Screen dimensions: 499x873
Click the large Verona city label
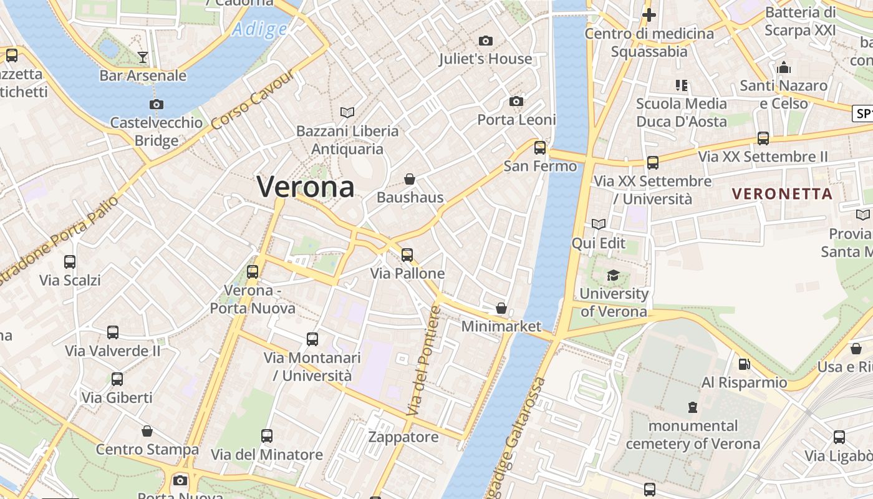306,187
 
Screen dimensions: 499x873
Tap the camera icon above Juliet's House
486,41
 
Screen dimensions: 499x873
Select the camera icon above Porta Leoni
516,101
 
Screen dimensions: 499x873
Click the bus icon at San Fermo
540,148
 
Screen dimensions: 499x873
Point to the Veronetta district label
783,194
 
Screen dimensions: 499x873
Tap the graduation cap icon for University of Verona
614,275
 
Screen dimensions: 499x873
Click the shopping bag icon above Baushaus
410,179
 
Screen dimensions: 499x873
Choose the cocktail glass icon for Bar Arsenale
143,57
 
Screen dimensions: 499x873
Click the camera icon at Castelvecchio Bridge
157,104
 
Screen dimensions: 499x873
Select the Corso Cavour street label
252,100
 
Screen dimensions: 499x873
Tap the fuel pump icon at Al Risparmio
744,364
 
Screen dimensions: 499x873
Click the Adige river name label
260,29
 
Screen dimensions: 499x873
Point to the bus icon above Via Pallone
407,254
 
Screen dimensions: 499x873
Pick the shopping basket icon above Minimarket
501,308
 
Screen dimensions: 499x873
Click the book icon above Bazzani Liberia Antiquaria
347,112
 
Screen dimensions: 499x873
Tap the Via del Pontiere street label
423,361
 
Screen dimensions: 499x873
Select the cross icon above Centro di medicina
649,15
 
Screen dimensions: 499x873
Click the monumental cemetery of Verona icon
693,407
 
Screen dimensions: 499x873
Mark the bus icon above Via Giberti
117,379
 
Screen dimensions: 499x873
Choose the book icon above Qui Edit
599,224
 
